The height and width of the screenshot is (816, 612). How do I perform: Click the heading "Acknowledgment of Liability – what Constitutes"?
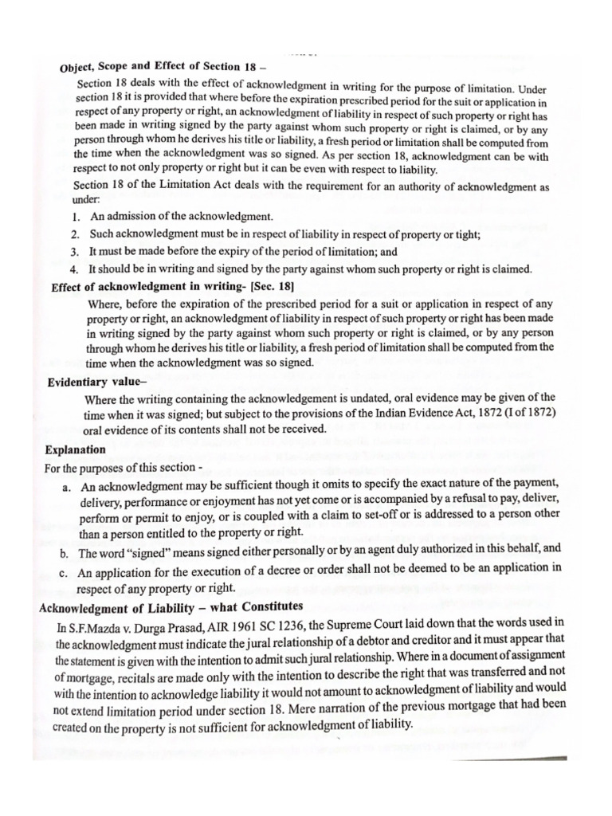coord(171,607)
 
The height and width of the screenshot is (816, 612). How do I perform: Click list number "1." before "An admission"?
coord(76,216)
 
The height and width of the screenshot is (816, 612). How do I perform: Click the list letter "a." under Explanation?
coord(66,486)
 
